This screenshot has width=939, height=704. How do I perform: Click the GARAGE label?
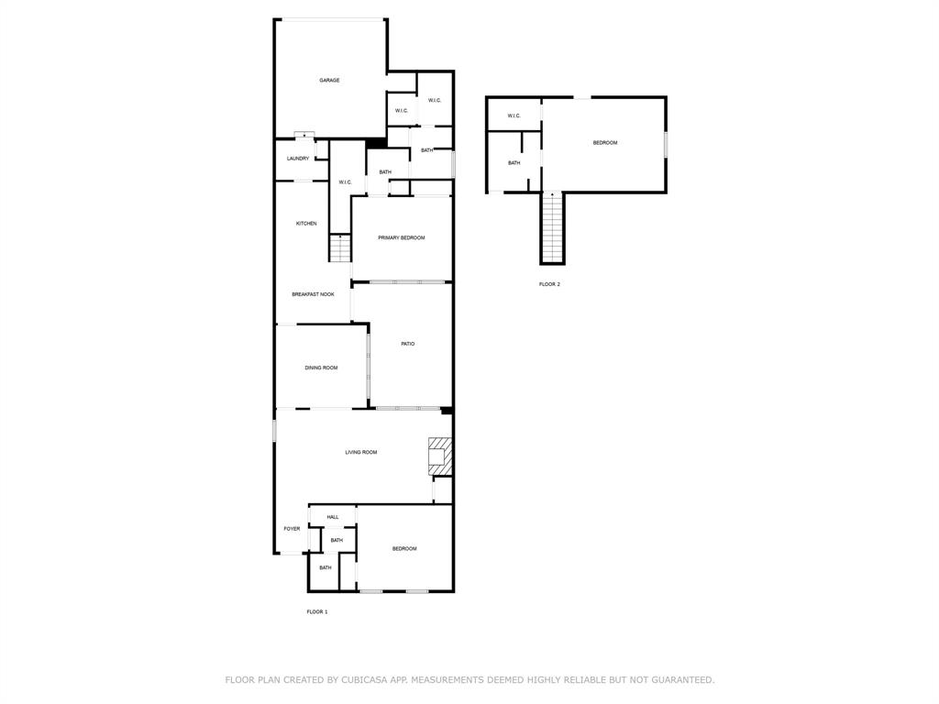coord(329,81)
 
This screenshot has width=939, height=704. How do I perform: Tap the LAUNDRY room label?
coord(298,159)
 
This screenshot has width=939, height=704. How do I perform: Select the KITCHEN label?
coord(306,224)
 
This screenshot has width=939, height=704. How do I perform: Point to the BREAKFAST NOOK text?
coord(313,294)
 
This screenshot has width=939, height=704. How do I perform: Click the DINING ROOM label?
coord(321,368)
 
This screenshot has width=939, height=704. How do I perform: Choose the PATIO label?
coord(408,344)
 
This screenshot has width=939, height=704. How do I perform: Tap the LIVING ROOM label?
coord(361,452)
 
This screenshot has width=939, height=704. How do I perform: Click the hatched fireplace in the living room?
coord(440,456)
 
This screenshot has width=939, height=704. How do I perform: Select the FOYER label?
coord(292,529)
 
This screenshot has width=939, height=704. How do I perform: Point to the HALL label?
coord(333,517)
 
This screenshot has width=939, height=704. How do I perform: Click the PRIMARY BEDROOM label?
coord(402,238)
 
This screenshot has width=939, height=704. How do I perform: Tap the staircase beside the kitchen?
coord(340,247)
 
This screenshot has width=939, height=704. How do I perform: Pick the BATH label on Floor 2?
coord(514,163)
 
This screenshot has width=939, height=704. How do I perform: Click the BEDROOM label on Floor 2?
coord(605,143)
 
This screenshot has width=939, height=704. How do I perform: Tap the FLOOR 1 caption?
coord(317,611)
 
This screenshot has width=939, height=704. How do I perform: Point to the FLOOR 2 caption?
coord(549,284)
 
